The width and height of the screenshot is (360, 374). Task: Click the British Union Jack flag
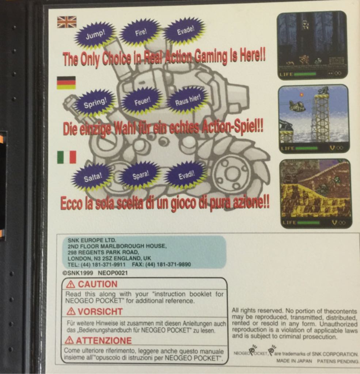tap(67, 22)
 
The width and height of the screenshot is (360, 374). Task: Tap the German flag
tap(66, 83)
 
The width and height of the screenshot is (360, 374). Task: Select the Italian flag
tap(67, 157)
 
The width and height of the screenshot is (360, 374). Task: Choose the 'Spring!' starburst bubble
tap(95, 103)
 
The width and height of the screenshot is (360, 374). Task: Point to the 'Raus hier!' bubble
tap(187, 99)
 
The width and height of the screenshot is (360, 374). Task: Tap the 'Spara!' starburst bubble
tap(141, 174)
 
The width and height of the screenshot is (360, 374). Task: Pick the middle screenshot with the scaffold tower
tap(313, 118)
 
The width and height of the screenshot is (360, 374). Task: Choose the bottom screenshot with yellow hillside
tap(315, 193)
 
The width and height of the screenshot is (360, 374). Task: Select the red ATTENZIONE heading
tap(99, 340)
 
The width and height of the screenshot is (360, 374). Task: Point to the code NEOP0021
tap(113, 272)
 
